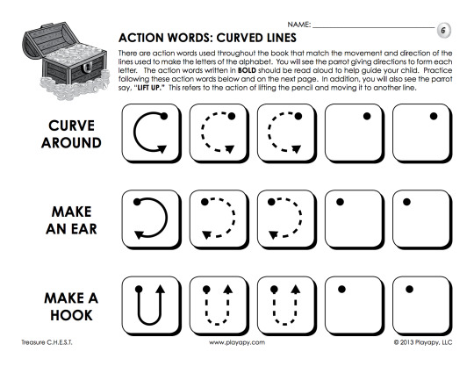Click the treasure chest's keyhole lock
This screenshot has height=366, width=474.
[x=86, y=68]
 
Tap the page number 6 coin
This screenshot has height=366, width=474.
[x=443, y=30]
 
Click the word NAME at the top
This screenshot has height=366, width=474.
[x=298, y=25]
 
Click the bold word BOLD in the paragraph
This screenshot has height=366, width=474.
[x=247, y=70]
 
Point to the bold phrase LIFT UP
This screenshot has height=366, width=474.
[x=148, y=88]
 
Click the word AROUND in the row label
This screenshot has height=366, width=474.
[x=71, y=143]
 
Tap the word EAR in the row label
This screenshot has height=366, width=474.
[x=84, y=229]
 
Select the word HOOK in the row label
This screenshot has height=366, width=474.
[x=71, y=315]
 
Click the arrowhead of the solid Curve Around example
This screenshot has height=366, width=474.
[x=162, y=148]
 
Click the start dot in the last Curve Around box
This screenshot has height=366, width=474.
[x=434, y=116]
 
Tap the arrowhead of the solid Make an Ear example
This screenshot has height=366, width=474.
[x=139, y=234]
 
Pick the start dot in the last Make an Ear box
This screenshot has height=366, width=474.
[x=406, y=202]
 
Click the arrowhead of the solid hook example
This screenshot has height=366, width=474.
[x=161, y=289]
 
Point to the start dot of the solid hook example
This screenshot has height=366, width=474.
[x=139, y=289]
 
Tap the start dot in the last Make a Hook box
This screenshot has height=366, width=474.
[x=409, y=290]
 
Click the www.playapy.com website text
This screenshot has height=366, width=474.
[x=237, y=342]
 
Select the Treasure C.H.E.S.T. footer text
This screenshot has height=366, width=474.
[x=47, y=342]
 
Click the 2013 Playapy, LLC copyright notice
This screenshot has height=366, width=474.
[x=423, y=342]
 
